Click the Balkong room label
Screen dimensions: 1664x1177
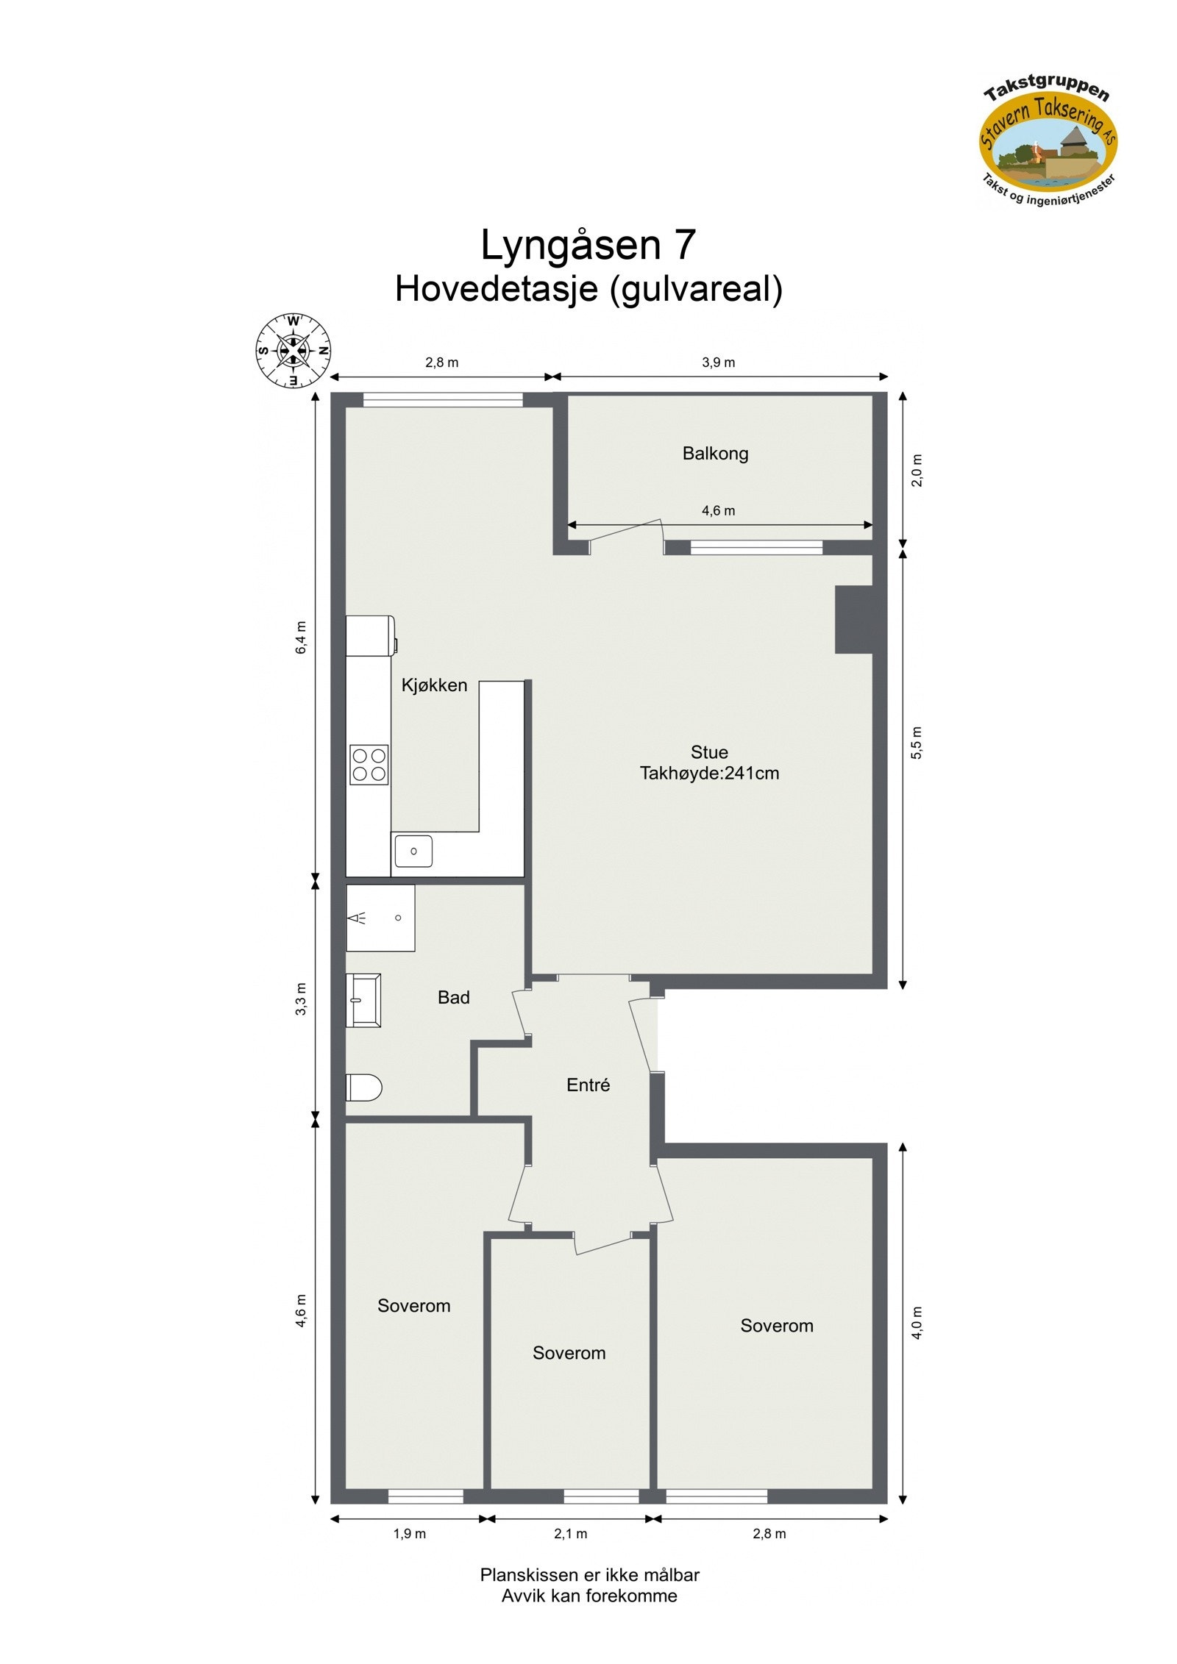(x=715, y=454)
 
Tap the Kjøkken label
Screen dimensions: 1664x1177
(x=434, y=685)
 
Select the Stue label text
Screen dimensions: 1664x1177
(x=709, y=752)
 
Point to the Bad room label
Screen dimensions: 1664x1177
(x=453, y=997)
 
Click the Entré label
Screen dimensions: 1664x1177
(x=588, y=1085)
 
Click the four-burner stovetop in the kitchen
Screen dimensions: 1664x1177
(x=369, y=765)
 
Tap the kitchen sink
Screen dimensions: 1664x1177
(x=413, y=851)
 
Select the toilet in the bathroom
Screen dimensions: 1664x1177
(x=363, y=1088)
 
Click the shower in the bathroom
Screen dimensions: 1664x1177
(x=380, y=918)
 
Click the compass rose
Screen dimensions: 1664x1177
(x=293, y=351)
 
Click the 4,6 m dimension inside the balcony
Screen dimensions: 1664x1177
(x=718, y=510)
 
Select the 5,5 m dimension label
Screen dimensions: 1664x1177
(x=917, y=743)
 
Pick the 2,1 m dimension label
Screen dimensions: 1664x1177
(x=570, y=1534)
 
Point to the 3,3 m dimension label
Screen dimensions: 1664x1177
(x=301, y=999)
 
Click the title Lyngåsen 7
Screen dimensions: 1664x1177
(x=588, y=245)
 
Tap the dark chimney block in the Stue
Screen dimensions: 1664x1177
(x=853, y=619)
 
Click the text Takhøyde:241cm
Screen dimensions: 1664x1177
(x=709, y=774)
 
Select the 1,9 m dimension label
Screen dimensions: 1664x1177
(x=409, y=1534)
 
